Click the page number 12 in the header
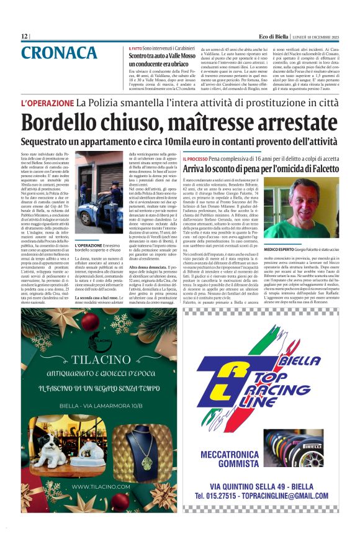[x=24, y=37]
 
